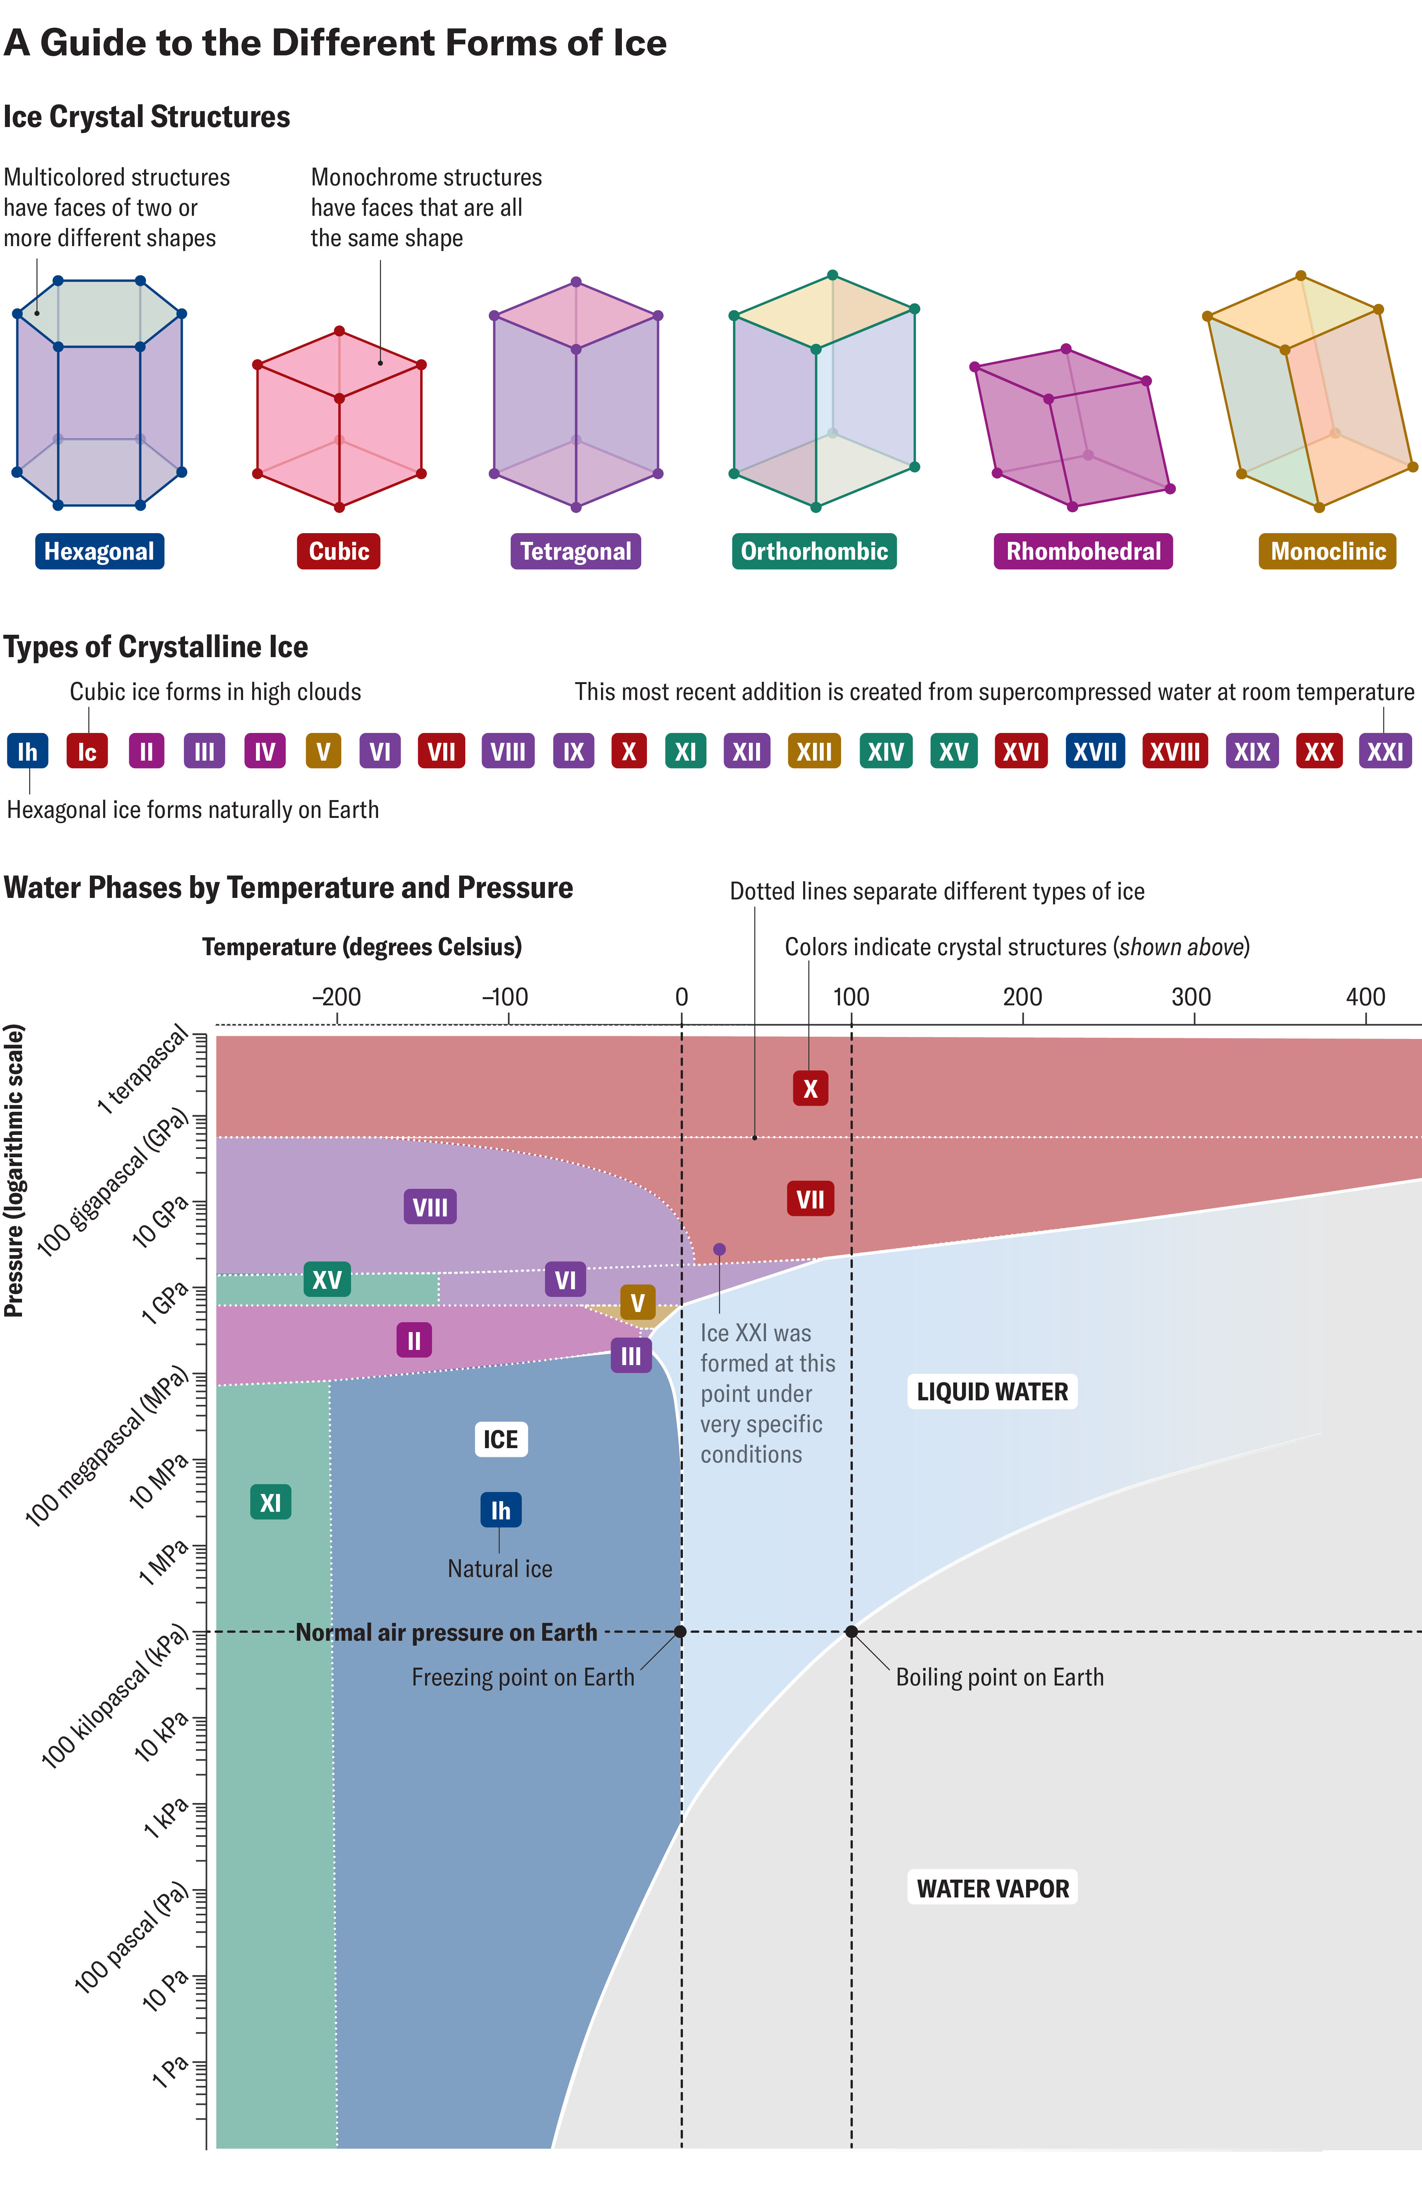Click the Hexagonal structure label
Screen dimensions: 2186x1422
click(x=99, y=551)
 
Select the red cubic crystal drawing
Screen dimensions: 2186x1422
click(x=339, y=420)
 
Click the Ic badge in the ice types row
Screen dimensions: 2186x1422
click(x=87, y=751)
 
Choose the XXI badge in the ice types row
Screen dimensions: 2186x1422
click(x=1384, y=751)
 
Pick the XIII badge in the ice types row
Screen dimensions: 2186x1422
click(x=814, y=751)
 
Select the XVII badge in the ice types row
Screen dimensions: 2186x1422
click(x=1095, y=751)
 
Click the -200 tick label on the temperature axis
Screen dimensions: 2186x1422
click(x=336, y=996)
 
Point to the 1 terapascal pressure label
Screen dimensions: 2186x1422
click(x=142, y=1070)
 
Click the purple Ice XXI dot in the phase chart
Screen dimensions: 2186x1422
click(x=719, y=1249)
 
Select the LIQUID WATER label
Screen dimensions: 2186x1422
click(x=992, y=1392)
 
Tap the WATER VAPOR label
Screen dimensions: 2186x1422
click(x=992, y=1888)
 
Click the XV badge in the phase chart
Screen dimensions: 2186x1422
click(x=327, y=1279)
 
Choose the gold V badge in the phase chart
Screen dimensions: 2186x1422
click(x=637, y=1302)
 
